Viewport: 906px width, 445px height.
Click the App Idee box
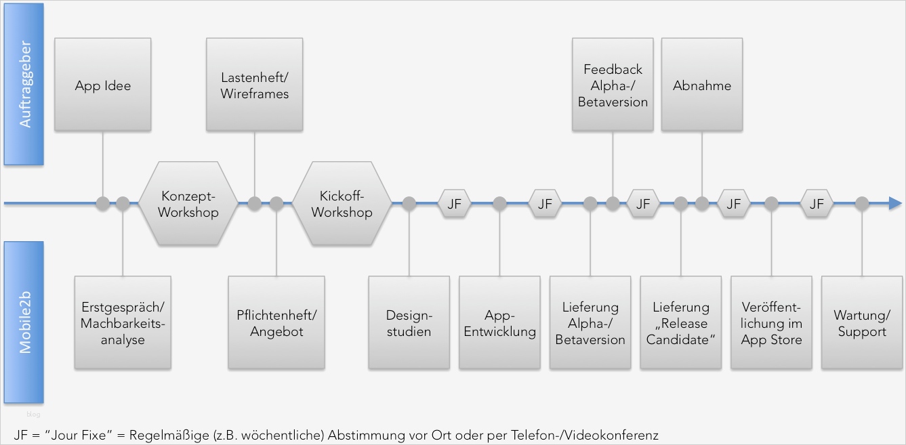[103, 85]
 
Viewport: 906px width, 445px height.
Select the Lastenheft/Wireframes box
[255, 85]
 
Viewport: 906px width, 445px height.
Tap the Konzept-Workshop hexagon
[189, 203]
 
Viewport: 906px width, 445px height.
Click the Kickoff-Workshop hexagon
[342, 203]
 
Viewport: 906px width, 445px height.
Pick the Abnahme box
[702, 85]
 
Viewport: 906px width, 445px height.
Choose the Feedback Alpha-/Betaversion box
[613, 85]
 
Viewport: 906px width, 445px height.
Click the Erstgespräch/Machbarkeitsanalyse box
[123, 322]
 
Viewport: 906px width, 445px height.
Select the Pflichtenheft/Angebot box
[276, 322]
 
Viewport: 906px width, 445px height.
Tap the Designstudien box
[409, 322]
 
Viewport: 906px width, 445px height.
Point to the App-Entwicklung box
[499, 322]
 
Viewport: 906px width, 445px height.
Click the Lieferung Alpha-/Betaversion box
[590, 322]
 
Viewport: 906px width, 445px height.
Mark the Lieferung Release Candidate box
[681, 322]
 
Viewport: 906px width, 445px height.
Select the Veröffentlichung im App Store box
[771, 322]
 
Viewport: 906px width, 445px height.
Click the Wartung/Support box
[861, 322]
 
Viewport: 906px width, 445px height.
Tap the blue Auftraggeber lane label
[24, 85]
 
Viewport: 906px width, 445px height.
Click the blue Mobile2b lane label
[24, 322]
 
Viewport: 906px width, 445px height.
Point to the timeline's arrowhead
[895, 203]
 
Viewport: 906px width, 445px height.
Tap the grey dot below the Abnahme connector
[702, 203]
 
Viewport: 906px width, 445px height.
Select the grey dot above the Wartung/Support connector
[861, 203]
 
